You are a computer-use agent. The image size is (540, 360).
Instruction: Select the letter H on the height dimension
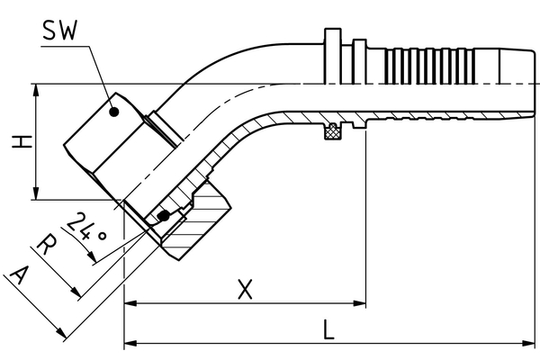[17, 142]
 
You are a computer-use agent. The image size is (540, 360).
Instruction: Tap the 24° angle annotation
[94, 229]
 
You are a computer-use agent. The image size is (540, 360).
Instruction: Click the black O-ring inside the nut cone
[163, 217]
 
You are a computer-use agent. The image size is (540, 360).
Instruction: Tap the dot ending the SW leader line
[113, 112]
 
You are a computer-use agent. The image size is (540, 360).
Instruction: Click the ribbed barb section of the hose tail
[423, 66]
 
